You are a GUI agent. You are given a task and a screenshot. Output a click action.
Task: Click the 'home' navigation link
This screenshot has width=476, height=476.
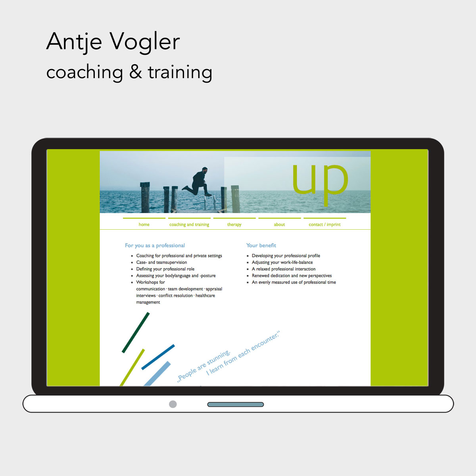(144, 225)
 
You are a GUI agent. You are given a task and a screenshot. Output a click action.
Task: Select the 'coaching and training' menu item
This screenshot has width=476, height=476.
(189, 225)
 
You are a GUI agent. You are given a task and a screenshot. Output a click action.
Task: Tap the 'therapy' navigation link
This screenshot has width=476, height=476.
(234, 225)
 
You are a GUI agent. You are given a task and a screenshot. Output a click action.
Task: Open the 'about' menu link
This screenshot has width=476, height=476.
(279, 225)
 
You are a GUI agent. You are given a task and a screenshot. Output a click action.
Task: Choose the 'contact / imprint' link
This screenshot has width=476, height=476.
(324, 225)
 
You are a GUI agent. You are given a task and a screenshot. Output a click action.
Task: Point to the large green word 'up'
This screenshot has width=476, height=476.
(320, 180)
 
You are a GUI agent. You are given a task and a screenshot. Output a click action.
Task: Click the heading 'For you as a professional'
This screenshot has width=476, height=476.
(155, 246)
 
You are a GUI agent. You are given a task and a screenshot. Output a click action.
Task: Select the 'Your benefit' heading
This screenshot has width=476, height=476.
(261, 246)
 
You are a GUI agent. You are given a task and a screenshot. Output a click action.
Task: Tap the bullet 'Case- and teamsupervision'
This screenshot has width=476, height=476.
(161, 262)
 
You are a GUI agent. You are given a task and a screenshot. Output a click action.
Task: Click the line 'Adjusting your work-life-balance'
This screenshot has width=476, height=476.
(282, 262)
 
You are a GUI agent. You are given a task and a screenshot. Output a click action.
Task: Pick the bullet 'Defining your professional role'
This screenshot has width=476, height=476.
(165, 269)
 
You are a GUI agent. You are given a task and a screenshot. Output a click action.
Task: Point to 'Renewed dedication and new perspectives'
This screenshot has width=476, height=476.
(292, 276)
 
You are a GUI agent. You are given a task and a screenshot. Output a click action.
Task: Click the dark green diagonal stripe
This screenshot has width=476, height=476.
(136, 332)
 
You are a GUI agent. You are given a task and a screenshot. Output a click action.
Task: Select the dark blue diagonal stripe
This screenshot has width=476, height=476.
(158, 357)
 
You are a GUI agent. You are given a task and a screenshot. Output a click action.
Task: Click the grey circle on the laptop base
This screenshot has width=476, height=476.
(173, 404)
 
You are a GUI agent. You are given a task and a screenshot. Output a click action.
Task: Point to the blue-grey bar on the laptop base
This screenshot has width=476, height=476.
(236, 405)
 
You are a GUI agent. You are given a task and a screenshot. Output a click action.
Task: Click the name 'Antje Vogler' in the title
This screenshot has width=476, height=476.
(113, 41)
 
